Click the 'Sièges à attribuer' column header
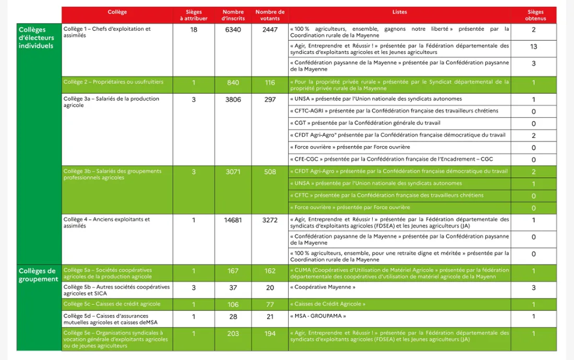[x=194, y=15]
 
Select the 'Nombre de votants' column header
[x=270, y=15]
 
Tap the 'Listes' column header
[x=399, y=12]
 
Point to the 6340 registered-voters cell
[x=233, y=30]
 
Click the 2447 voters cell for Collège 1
[x=270, y=30]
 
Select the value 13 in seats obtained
[x=533, y=47]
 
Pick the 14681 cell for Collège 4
[x=233, y=220]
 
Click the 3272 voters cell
[x=270, y=220]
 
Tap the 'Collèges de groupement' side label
[x=38, y=275]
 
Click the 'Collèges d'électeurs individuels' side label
[x=36, y=38]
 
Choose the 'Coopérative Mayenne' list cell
[x=322, y=287]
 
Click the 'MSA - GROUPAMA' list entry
[x=317, y=316]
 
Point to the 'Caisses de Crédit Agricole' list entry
[x=327, y=304]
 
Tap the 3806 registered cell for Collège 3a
[x=233, y=99]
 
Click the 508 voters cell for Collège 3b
[x=270, y=172]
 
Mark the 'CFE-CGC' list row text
[x=391, y=159]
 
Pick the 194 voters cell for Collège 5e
[x=270, y=333]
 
